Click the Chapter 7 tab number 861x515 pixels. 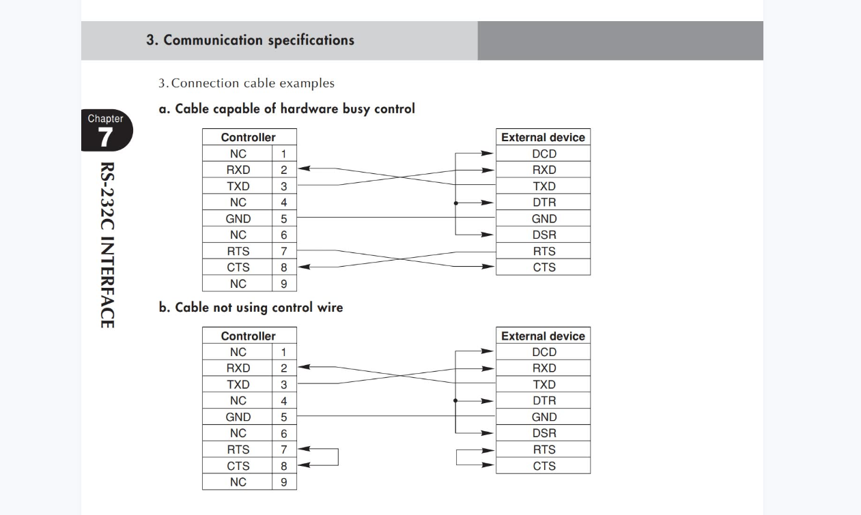tap(106, 138)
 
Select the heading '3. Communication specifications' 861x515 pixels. tap(250, 40)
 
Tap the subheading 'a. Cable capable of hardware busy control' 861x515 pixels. tap(287, 108)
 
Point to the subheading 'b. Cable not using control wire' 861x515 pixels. tap(251, 308)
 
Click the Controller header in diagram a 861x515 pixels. tap(249, 137)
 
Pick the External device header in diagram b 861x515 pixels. tap(543, 336)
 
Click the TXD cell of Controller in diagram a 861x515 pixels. tap(238, 186)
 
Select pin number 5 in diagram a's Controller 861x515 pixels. tap(284, 219)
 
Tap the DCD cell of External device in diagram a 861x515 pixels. tap(544, 153)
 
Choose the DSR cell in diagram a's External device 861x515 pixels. tap(544, 235)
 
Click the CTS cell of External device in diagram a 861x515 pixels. tap(544, 267)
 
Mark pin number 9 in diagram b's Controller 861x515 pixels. tap(284, 482)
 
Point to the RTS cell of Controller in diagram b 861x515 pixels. tap(238, 450)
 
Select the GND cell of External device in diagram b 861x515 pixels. tap(544, 417)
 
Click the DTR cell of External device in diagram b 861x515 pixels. tap(544, 401)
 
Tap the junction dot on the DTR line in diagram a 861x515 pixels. tap(455, 203)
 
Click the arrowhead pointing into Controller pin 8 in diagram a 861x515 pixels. tap(303, 267)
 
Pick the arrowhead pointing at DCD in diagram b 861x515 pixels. tap(487, 352)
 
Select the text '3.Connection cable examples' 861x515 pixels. tap(246, 84)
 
